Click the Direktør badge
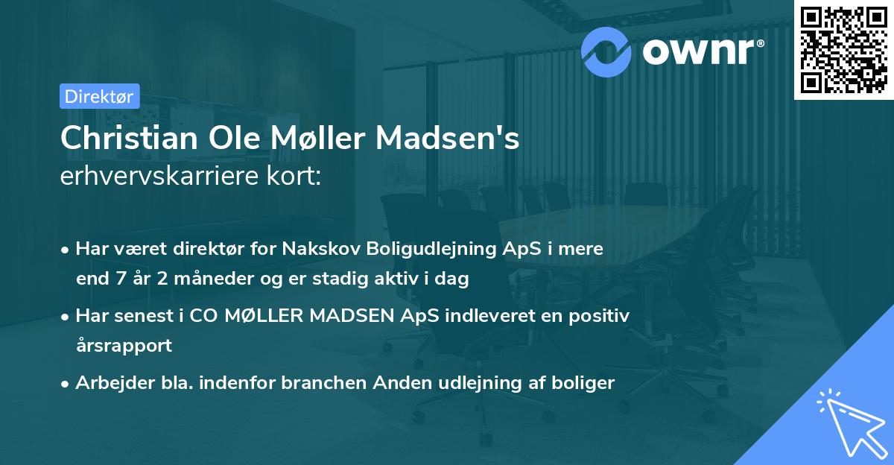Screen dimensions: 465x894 pyautogui.click(x=99, y=96)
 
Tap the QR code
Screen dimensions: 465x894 pyautogui.click(x=843, y=49)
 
